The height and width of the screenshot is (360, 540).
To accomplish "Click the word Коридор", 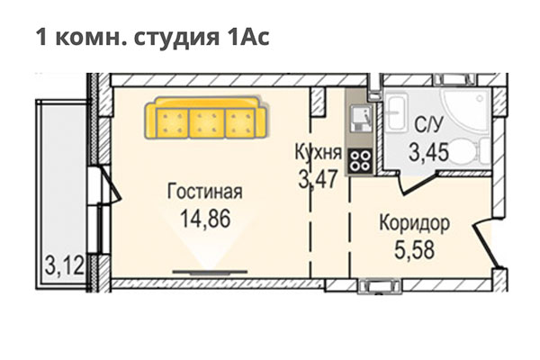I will coord(415,221).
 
